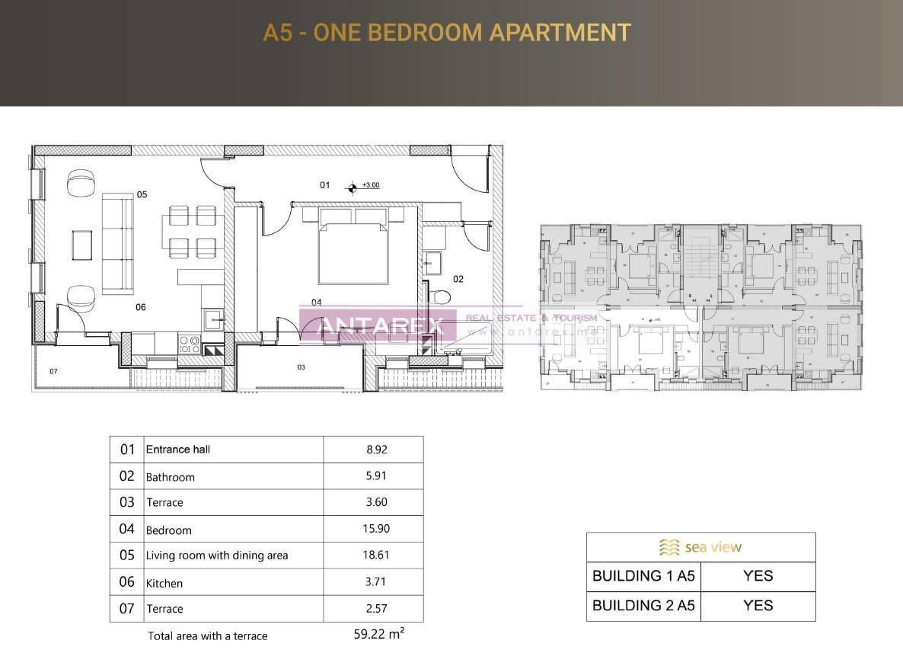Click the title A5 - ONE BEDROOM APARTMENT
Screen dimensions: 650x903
coord(447,33)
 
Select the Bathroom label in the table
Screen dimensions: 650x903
coord(171,477)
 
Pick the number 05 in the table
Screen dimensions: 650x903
coord(127,556)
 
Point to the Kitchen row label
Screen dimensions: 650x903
coord(164,583)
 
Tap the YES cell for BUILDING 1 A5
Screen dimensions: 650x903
coord(758,576)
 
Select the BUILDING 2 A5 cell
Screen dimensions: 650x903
coord(643,606)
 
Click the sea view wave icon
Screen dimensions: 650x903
coord(669,547)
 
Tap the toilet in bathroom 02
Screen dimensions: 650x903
coord(439,296)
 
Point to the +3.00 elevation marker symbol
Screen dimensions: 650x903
coord(352,187)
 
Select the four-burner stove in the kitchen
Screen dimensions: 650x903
coord(189,344)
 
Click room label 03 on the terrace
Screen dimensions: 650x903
coord(301,367)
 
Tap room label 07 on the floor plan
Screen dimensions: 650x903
coord(53,372)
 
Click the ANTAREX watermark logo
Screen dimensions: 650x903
coord(378,325)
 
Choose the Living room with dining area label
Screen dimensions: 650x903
coord(217,556)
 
